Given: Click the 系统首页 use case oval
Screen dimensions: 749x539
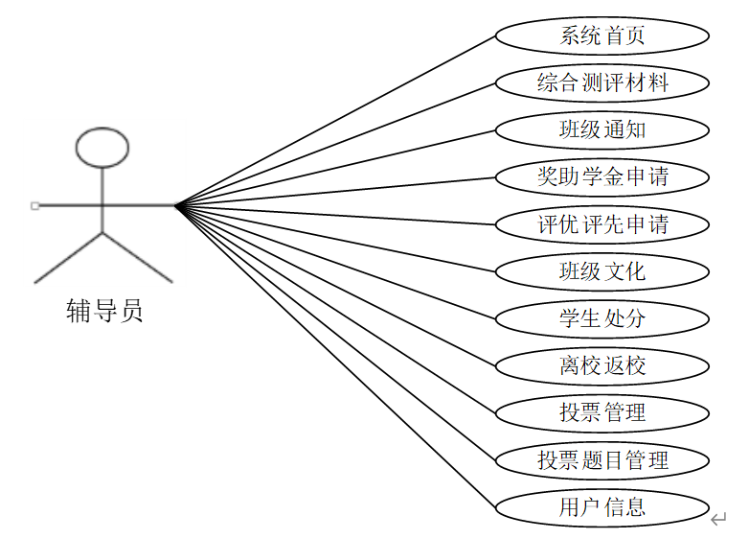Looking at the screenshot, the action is point(601,36).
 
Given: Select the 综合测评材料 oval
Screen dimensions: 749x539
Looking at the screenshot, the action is point(601,83).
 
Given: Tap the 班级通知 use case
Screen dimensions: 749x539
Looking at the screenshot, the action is point(601,129).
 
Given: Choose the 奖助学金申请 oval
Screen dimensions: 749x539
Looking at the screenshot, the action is point(601,176).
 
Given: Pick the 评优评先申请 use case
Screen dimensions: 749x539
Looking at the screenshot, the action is point(601,224).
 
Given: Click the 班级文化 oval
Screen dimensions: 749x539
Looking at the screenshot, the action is point(601,271).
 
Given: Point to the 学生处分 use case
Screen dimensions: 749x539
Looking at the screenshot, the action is point(601,317).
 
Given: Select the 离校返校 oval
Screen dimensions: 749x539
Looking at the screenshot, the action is point(601,365).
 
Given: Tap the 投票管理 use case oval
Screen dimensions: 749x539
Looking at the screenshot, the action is point(601,412).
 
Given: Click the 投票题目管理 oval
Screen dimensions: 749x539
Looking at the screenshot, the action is point(601,459).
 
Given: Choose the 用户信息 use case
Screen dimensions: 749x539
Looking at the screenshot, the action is point(601,506).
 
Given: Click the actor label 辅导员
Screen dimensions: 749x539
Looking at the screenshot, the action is point(103,311).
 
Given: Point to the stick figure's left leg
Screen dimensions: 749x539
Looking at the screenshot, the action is point(68,257).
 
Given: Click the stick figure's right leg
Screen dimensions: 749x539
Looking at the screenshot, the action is point(137,257).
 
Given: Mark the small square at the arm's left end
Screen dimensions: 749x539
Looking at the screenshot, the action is point(34,205).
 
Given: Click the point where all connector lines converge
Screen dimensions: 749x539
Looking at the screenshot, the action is point(177,204).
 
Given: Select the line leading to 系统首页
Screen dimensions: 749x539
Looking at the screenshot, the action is point(335,121).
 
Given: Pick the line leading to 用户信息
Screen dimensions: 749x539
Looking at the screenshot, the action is point(335,354).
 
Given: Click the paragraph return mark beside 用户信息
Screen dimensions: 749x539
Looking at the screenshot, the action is point(718,520).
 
